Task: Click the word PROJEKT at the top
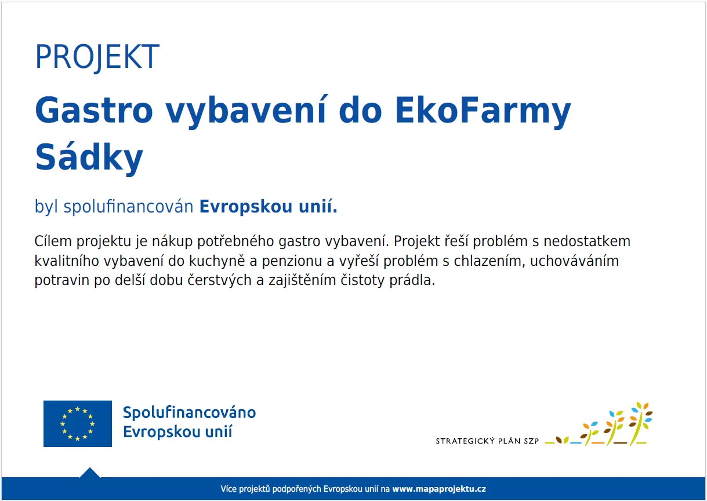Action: pos(97,57)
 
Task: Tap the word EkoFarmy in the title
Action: pos(483,112)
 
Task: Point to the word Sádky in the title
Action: pos(89,158)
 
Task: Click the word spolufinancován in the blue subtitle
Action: pos(128,207)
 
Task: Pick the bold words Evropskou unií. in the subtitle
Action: pos(269,207)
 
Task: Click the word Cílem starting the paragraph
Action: pos(53,242)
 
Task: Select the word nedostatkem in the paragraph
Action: pos(587,242)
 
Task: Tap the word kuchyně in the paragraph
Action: pos(217,261)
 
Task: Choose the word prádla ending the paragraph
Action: pos(412,281)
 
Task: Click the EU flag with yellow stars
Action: pos(78,424)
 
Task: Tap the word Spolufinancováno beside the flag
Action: pos(190,413)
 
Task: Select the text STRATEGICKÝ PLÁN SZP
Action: pos(487,441)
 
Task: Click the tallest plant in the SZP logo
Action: pos(641,423)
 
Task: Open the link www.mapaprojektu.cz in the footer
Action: pos(439,489)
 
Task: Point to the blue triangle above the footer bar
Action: pos(90,473)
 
